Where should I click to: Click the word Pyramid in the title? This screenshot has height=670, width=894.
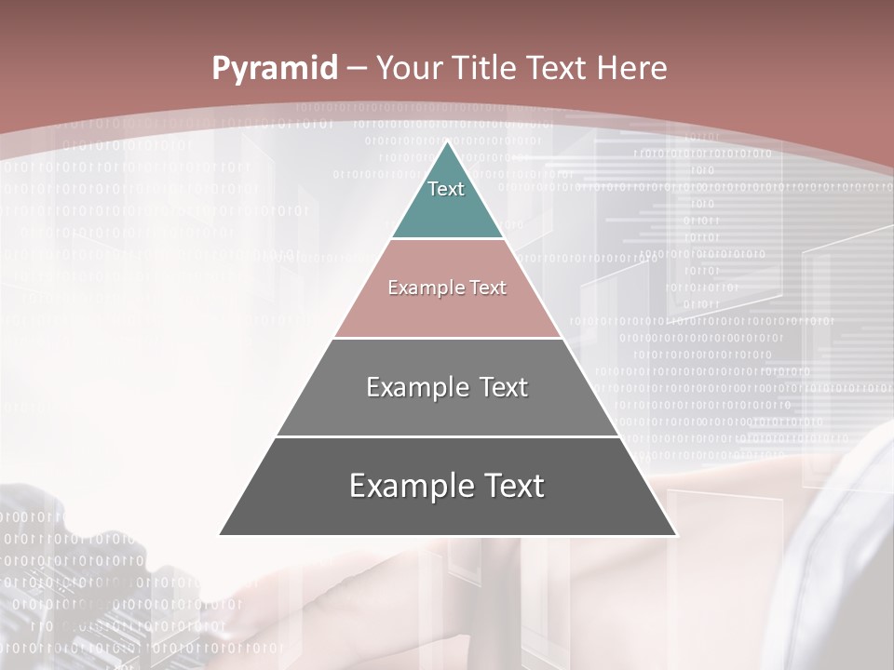[275, 69]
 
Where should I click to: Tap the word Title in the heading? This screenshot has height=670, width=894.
[485, 68]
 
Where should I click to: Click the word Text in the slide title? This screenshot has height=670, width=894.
[557, 68]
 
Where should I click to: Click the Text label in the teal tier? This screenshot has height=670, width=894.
[446, 189]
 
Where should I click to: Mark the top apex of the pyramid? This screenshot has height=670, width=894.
[447, 141]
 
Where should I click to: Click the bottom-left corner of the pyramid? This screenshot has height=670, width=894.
[220, 535]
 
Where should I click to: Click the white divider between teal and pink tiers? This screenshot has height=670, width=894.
[447, 239]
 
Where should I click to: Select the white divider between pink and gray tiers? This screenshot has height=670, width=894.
[447, 338]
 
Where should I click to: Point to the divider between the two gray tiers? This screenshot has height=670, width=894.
[447, 436]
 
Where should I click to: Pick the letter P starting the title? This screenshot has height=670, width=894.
[220, 69]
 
